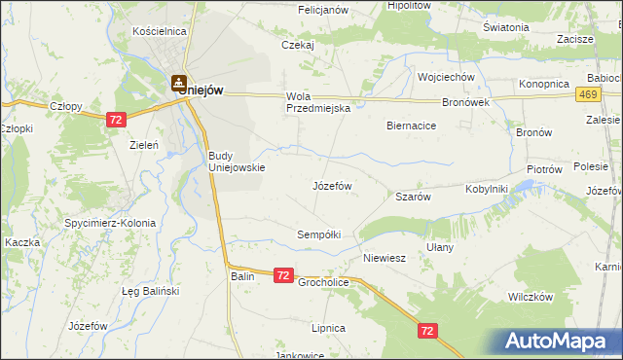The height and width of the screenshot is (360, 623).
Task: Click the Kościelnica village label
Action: click(159, 31)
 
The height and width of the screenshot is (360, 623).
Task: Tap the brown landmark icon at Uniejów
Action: click(179, 85)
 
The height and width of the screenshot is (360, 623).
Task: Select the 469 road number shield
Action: click(586, 93)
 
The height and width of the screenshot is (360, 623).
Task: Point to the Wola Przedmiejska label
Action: click(317, 102)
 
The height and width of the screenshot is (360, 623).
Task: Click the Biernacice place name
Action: click(411, 126)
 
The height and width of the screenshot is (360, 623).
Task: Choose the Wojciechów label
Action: click(445, 77)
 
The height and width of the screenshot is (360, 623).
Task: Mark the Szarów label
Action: click(413, 197)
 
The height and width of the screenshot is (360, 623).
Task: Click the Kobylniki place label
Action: click(487, 189)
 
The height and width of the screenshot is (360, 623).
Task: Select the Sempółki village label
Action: click(319, 234)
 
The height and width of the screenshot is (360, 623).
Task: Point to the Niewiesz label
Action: click(384, 259)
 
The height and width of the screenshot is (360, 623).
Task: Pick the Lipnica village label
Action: click(329, 328)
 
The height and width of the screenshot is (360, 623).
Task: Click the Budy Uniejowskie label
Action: click(237, 161)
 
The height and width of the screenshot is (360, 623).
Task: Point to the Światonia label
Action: click(505, 27)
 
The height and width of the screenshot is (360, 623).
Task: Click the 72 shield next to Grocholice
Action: click(282, 276)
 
